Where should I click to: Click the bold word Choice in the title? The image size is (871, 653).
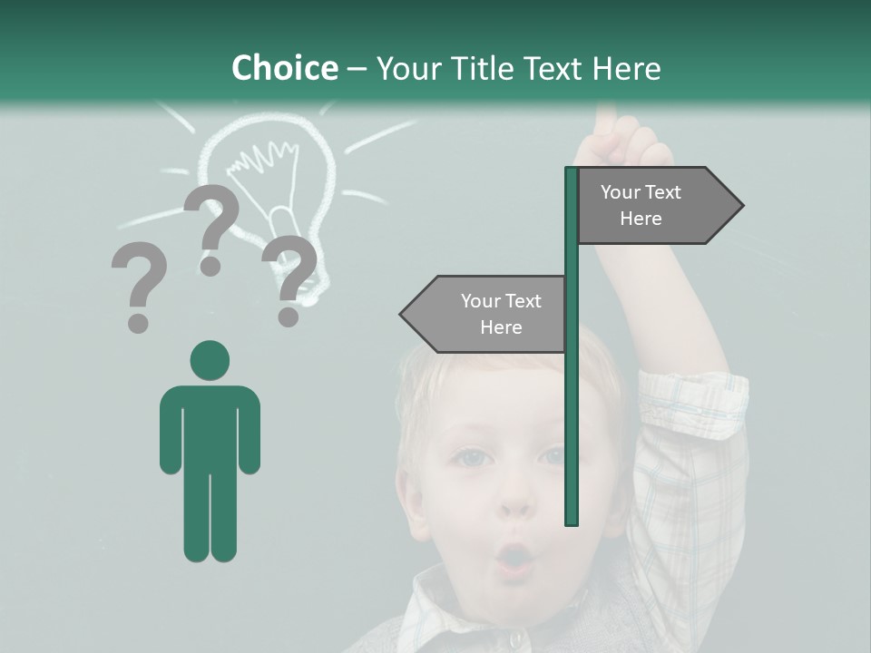[x=284, y=68]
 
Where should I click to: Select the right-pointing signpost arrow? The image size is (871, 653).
[x=659, y=205]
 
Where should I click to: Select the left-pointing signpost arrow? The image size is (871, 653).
[x=484, y=314]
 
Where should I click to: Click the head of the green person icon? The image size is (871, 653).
[x=210, y=361]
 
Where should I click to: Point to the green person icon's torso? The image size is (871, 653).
[x=210, y=426]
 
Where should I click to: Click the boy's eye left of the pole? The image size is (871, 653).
[x=473, y=458]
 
